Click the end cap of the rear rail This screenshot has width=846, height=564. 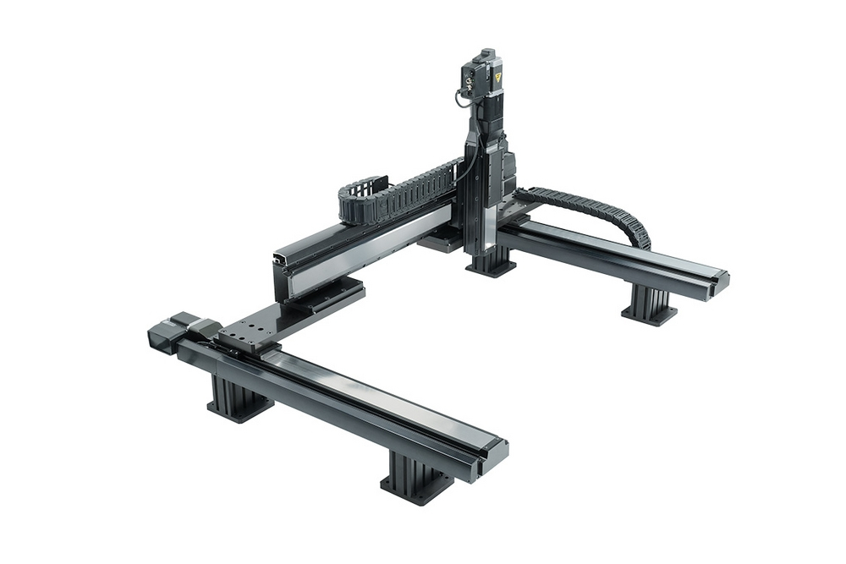[719, 283]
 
